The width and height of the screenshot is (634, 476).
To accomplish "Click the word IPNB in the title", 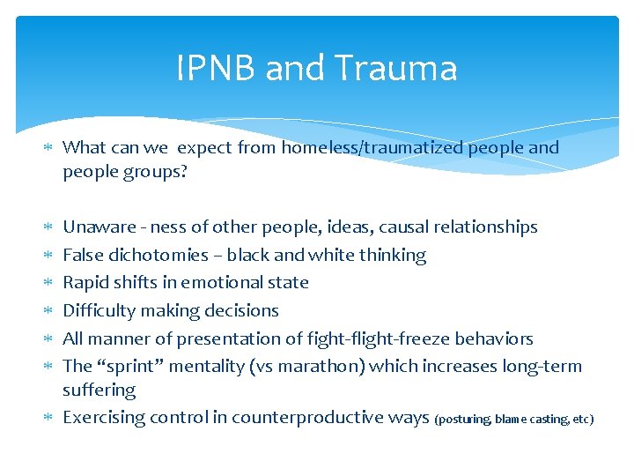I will tap(216, 69).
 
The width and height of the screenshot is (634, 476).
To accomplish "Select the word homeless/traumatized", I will tap(372, 147).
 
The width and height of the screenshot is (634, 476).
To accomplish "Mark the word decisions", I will tap(243, 310).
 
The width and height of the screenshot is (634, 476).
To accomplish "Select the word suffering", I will tap(99, 390).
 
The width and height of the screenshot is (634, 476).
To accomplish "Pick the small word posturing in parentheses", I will tap(464, 420).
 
